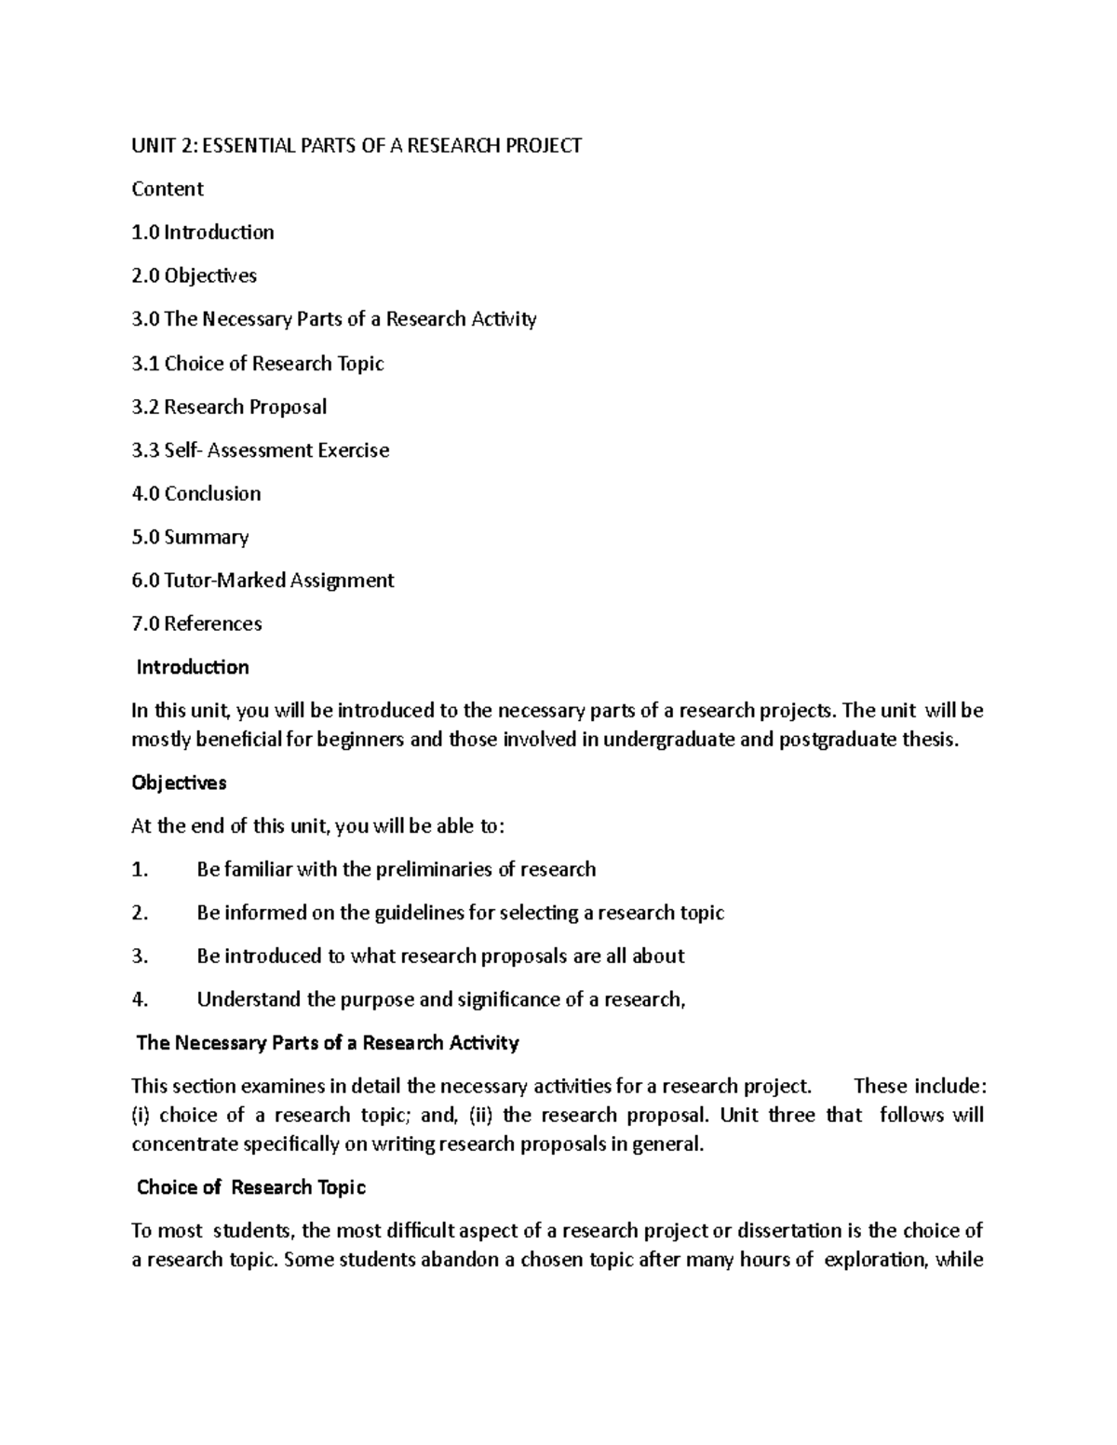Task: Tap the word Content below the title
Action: [x=168, y=189]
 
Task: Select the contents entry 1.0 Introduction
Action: [x=203, y=233]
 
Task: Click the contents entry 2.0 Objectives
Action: [x=194, y=275]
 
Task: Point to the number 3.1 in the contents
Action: [x=145, y=363]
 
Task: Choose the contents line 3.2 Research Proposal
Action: [x=229, y=407]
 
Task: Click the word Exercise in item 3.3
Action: [x=353, y=450]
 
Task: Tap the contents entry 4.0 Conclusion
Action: [x=196, y=493]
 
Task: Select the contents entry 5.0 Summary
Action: [x=190, y=537]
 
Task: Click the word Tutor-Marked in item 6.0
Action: [x=224, y=581]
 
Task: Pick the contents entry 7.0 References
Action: [x=196, y=623]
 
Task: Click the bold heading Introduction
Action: [x=193, y=667]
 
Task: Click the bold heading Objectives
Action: [x=179, y=783]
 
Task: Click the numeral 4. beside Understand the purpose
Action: [x=140, y=999]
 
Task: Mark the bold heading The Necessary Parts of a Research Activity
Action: [x=328, y=1042]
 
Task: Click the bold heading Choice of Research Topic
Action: [x=250, y=1187]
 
